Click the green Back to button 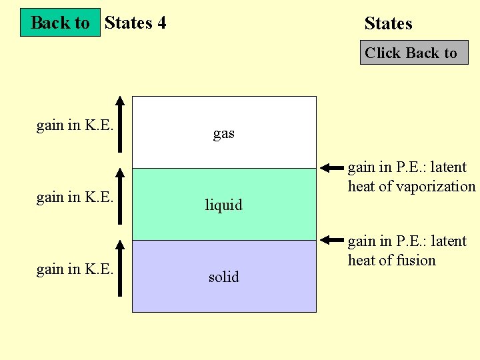coord(60,23)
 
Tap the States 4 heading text coord(135,23)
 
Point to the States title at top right coord(388,24)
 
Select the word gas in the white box coord(223,133)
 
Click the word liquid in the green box coord(223,205)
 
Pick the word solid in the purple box coord(223,277)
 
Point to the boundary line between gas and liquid coord(223,168)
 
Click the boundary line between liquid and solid coord(223,240)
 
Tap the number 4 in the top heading coord(161,23)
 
